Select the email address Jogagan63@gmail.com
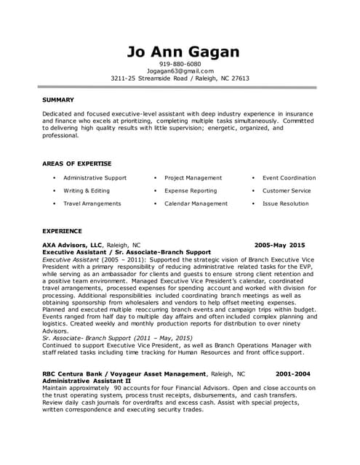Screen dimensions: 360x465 coord(180,71)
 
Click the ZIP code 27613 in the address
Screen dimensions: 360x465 coord(238,78)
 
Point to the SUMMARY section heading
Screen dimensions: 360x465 coord(58,100)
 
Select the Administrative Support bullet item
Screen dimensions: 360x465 coord(95,177)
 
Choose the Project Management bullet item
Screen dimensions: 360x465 coord(193,177)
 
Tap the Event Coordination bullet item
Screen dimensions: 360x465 coord(289,177)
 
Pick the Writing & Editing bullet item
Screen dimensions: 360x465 coord(87,190)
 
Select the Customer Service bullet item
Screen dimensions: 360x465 coord(286,190)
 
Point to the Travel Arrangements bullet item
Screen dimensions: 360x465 coord(92,203)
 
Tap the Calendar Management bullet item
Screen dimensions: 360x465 coord(196,203)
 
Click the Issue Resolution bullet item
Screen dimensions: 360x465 coord(285,203)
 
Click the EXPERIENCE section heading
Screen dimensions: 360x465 coord(62,230)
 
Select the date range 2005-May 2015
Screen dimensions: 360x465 coord(280,246)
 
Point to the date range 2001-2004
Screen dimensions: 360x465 coord(294,374)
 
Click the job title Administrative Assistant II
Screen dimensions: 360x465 coord(87,381)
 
